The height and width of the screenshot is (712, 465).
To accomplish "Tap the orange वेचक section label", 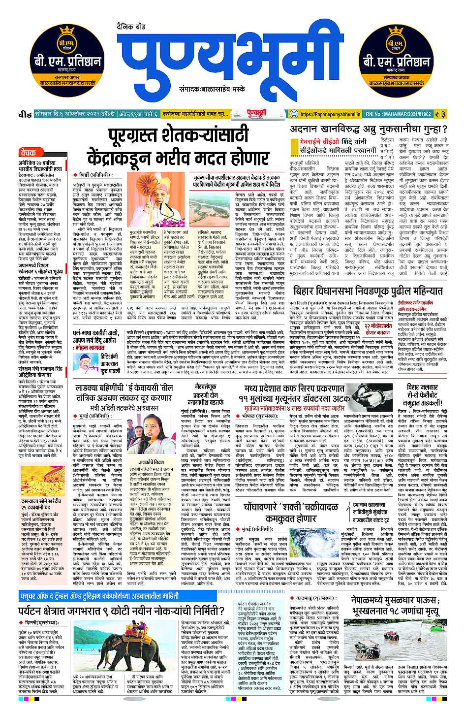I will (30, 153).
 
